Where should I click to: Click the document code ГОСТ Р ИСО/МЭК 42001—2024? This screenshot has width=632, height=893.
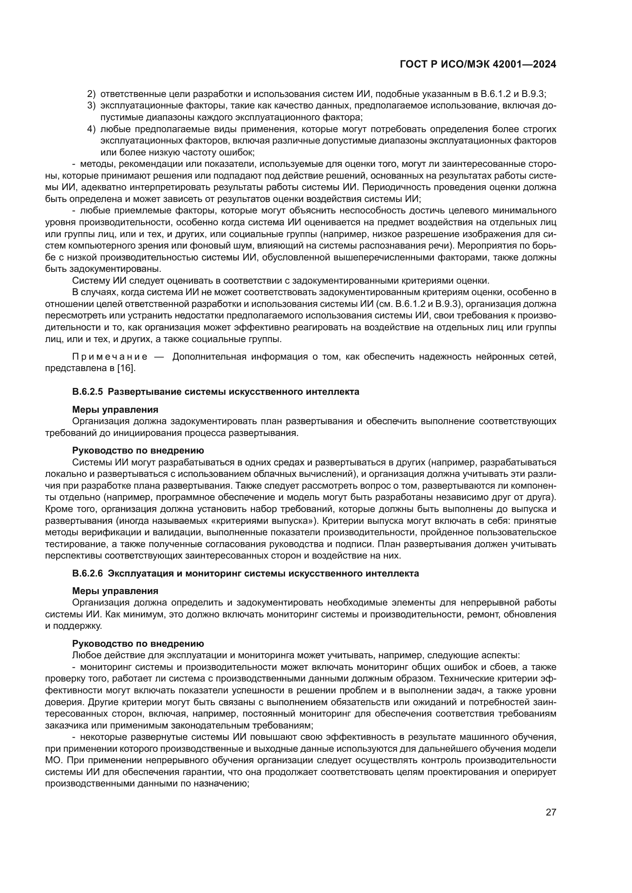click(478, 65)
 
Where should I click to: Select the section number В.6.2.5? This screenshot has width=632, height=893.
click(87, 392)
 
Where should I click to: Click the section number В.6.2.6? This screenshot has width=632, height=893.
click(87, 573)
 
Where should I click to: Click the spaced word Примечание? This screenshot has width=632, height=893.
click(110, 357)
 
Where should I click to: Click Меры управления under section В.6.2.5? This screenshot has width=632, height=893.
click(115, 409)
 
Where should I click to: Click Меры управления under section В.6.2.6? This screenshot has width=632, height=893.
click(115, 591)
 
